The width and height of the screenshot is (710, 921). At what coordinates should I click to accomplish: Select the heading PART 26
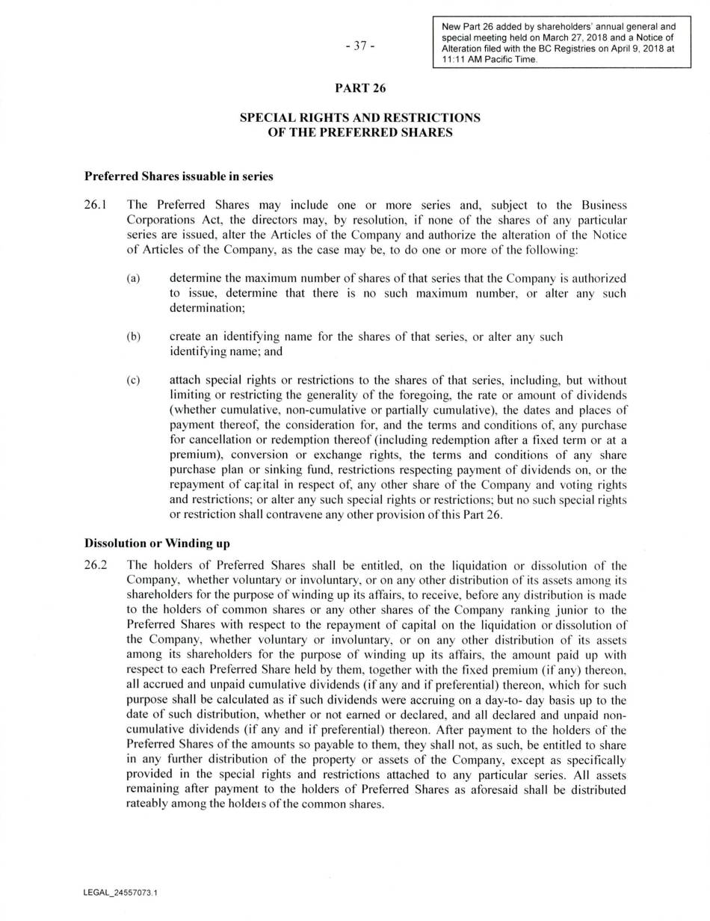(360, 88)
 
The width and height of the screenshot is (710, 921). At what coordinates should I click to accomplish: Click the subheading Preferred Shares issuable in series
(179, 176)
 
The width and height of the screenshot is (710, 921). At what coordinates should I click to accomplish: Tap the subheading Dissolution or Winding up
(157, 543)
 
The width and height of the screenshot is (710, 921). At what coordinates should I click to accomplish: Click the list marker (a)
(134, 278)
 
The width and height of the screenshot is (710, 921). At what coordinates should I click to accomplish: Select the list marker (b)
(134, 336)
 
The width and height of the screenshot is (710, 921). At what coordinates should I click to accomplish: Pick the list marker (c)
(134, 381)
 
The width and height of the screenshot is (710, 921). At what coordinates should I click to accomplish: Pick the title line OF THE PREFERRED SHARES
(360, 132)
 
